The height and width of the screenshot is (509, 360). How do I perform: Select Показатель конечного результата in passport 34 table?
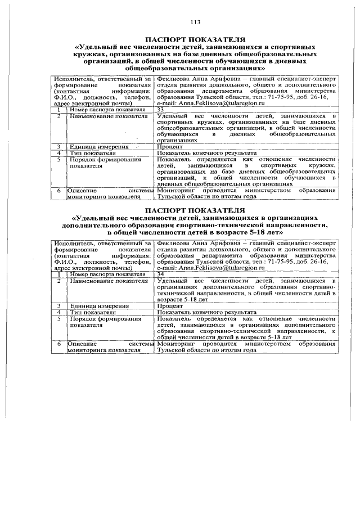[206, 312]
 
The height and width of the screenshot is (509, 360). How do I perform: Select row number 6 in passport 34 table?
[58, 343]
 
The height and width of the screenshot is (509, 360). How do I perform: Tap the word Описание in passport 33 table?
[82, 191]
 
